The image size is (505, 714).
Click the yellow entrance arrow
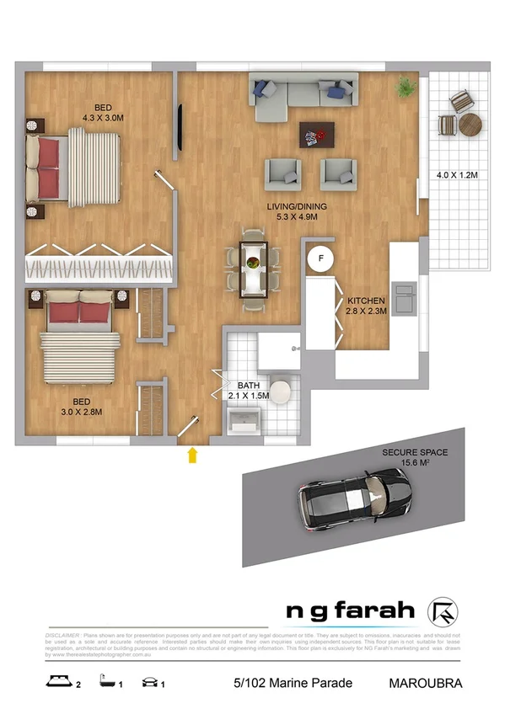point(192,456)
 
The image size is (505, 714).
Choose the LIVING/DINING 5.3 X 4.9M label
point(289,212)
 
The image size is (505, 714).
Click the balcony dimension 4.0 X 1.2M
point(456,175)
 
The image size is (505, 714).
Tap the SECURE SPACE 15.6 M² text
point(415,457)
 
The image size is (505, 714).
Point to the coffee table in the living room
point(317,133)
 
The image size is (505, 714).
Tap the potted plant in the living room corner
point(407,87)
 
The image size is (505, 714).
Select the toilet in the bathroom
point(282,391)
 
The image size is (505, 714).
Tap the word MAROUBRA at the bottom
point(426,683)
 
